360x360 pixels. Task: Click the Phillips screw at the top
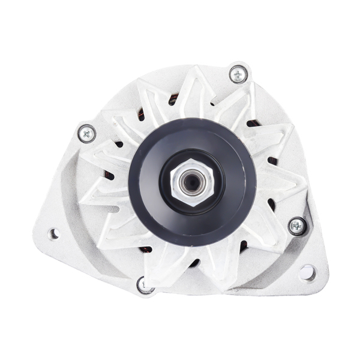tap(238, 75)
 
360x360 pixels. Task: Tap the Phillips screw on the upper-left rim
tap(88, 133)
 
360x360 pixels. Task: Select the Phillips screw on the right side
tap(297, 226)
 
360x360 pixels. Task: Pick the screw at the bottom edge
tap(144, 284)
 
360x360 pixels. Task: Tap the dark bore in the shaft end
tap(192, 182)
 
